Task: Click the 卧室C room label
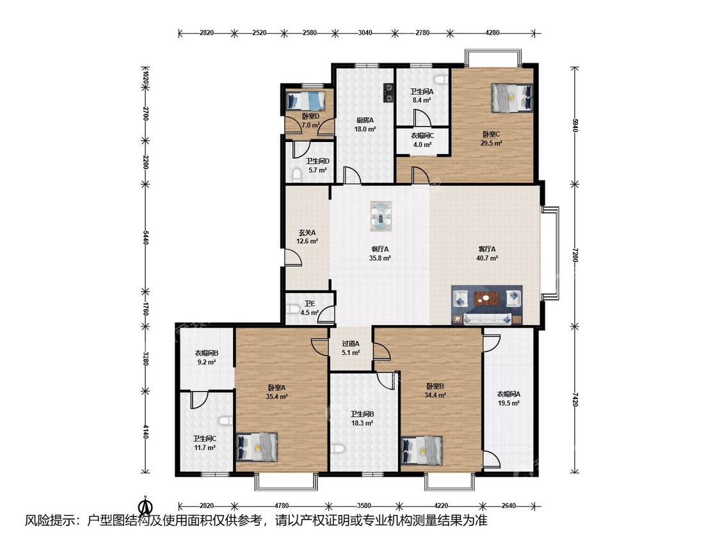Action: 491,134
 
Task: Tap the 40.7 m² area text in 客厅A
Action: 487,258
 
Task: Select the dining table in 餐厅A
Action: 381,216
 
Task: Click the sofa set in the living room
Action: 487,305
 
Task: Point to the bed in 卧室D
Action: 305,100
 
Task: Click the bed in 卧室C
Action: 513,98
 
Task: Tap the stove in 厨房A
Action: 388,92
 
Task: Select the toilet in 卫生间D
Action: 296,175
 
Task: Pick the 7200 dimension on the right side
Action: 575,255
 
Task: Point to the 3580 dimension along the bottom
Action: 364,505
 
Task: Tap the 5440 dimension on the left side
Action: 145,238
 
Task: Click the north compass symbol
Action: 145,505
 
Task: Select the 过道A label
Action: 350,344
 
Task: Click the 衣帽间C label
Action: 422,136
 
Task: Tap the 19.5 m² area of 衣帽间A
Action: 508,403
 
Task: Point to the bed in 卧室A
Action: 257,447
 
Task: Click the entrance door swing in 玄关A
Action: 292,258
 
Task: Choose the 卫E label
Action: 310,303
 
